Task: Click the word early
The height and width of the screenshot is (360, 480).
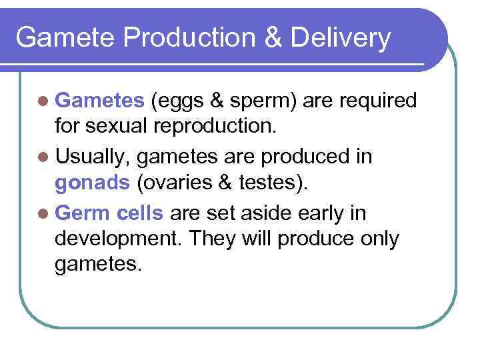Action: [315, 213]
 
